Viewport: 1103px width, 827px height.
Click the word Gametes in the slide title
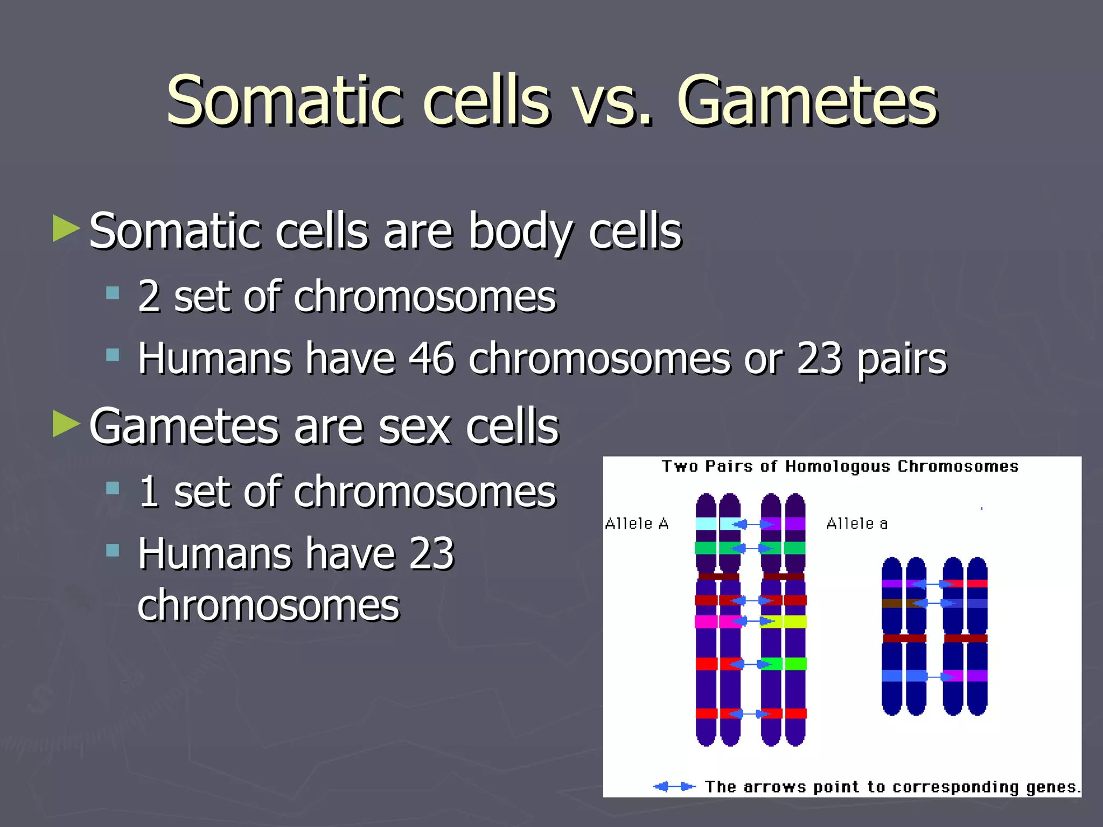pos(806,101)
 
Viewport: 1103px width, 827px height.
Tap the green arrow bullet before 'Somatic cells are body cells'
pos(66,228)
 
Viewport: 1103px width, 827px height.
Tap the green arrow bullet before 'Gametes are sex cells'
pos(66,424)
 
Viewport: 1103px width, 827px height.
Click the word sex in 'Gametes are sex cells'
pos(414,427)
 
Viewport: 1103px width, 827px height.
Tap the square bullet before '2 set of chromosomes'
pos(113,293)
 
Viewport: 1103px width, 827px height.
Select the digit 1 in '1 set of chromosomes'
pos(149,492)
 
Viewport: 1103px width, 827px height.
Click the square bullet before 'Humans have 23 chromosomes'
pos(113,550)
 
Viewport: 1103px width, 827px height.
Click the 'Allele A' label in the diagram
pos(637,523)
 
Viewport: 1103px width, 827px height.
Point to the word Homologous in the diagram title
pos(837,466)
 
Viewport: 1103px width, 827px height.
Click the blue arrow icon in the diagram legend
pos(674,787)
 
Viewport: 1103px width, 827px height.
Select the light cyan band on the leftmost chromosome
pos(706,523)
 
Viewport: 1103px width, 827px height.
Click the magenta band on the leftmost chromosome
pos(706,622)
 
